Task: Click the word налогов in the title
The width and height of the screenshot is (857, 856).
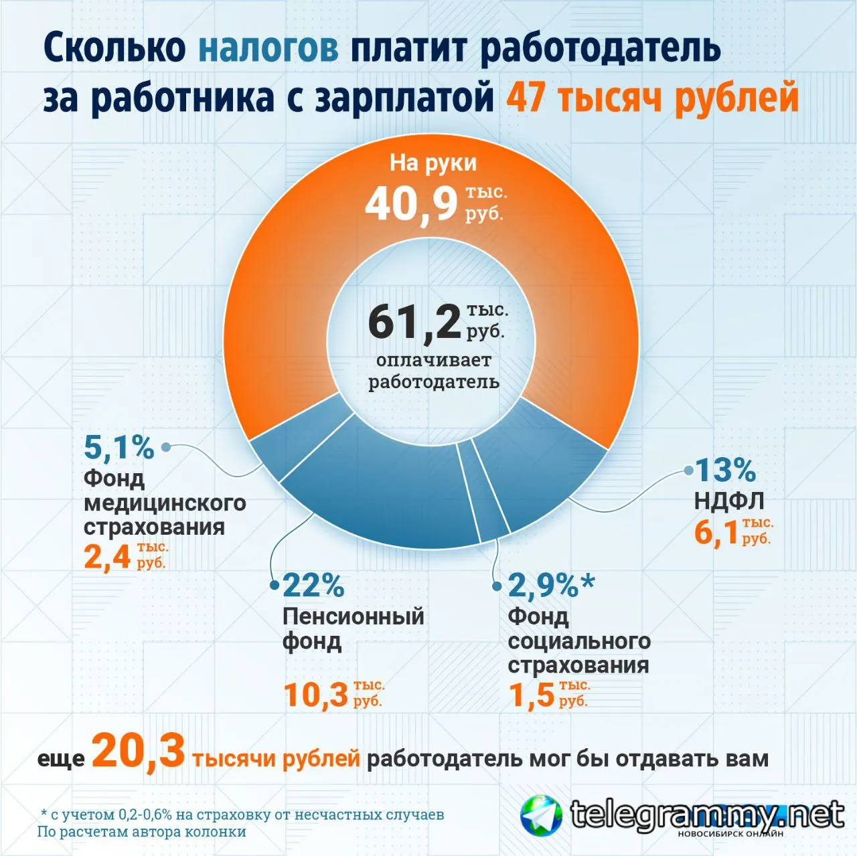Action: pos(268,48)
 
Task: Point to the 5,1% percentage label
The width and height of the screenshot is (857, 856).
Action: pos(119,447)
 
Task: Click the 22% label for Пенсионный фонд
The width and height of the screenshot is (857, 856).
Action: pos(313,585)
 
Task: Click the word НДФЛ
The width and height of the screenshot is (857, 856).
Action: pos(729,501)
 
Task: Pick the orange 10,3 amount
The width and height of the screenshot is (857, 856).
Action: pos(316,695)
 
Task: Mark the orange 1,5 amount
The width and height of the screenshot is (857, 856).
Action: pos(532,695)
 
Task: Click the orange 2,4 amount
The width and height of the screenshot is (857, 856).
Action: pos(107,557)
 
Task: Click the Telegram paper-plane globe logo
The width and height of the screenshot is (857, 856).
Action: pos(541,815)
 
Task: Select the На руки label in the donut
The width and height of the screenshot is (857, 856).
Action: pos(433,163)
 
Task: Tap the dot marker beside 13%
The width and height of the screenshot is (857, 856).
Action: pos(689,470)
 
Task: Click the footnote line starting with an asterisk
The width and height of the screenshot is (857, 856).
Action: pos(242,815)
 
